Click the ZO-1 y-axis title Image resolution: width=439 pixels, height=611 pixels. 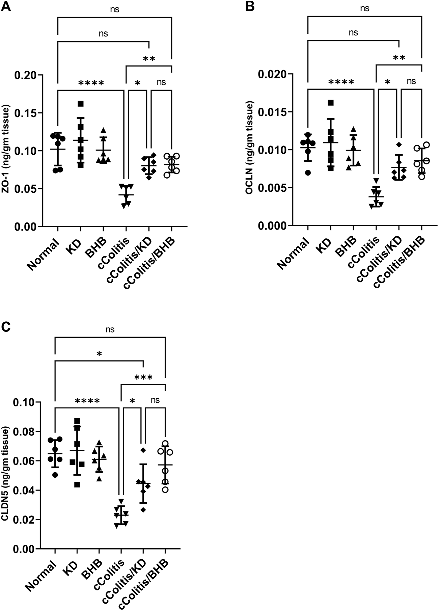click(x=6, y=150)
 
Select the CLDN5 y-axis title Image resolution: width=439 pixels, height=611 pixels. click(x=6, y=475)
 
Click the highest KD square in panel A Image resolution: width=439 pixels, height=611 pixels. click(x=80, y=103)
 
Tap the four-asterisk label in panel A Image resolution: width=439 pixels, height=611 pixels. click(x=91, y=83)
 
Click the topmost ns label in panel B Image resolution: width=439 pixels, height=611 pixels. click(x=365, y=8)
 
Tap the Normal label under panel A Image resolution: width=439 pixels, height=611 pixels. click(x=43, y=255)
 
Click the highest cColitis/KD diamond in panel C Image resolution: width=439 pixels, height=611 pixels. click(x=143, y=450)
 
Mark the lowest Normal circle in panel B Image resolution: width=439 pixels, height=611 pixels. click(x=308, y=173)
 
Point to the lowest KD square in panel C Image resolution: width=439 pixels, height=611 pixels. click(x=77, y=485)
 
